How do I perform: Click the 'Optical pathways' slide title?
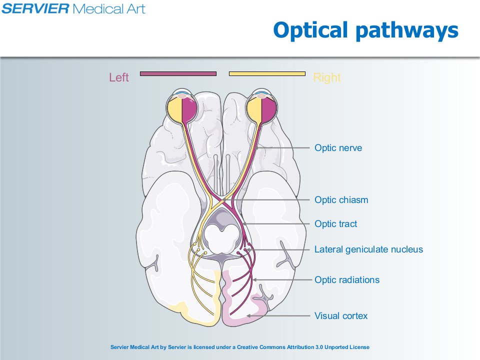pyautogui.click(x=366, y=30)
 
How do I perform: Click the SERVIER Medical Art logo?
pyautogui.click(x=73, y=8)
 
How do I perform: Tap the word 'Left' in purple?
pyautogui.click(x=119, y=77)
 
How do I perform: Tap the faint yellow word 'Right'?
pyautogui.click(x=327, y=78)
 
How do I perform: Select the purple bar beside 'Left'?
pyautogui.click(x=178, y=74)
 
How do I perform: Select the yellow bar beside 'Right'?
pyautogui.click(x=267, y=74)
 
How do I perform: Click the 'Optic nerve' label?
pyautogui.click(x=338, y=148)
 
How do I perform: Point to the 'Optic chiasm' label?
pyautogui.click(x=341, y=200)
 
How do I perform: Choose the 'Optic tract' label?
pyautogui.click(x=336, y=224)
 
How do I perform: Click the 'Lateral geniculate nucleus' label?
pyautogui.click(x=368, y=249)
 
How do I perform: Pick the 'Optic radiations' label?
pyautogui.click(x=347, y=280)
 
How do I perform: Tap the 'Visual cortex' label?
pyautogui.click(x=341, y=316)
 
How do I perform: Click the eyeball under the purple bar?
pyautogui.click(x=182, y=106)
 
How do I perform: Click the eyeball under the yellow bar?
pyautogui.click(x=261, y=106)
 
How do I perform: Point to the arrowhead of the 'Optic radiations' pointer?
pyautogui.click(x=254, y=280)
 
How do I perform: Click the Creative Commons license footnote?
pyautogui.click(x=240, y=347)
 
